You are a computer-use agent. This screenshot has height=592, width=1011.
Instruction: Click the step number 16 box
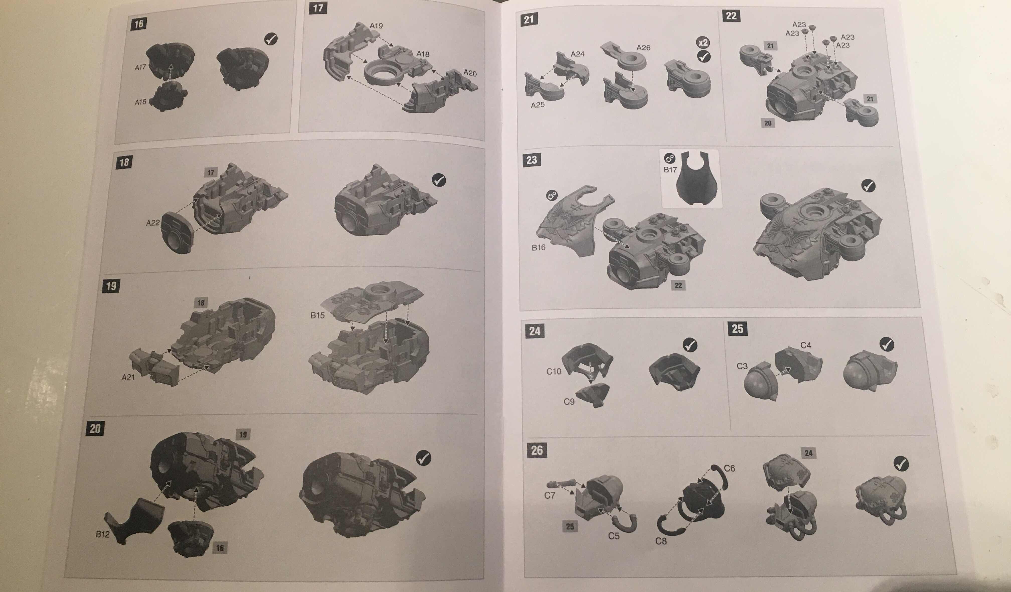139,24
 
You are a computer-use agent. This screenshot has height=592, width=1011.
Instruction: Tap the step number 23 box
532,160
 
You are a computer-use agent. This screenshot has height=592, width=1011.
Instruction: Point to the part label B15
317,315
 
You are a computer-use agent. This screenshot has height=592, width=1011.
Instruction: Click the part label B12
102,534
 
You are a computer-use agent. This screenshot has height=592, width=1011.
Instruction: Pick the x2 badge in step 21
703,43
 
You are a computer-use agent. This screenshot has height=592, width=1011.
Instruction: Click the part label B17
670,169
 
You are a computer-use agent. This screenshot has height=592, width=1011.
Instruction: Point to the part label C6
729,468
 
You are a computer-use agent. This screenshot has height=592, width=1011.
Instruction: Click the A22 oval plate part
177,233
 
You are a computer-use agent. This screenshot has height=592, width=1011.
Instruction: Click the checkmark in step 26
901,464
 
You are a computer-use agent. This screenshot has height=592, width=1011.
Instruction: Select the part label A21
128,377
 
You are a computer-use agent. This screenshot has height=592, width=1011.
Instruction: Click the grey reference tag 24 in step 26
808,453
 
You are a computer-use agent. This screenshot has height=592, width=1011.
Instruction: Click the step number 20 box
95,429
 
